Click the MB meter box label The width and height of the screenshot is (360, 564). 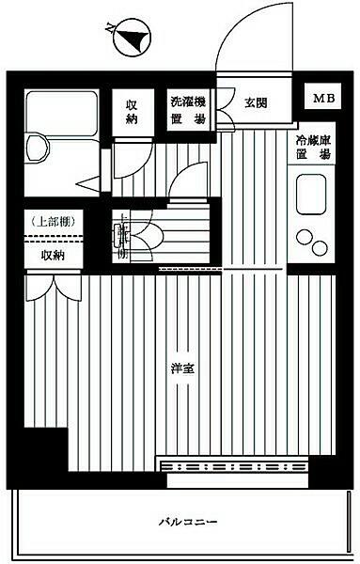coord(322,98)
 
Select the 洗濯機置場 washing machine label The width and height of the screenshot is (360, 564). coord(187,111)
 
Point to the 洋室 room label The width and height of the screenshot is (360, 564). coord(183,368)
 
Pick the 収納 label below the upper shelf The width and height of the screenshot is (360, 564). coord(53,255)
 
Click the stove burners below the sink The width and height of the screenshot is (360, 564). coord(307,242)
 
